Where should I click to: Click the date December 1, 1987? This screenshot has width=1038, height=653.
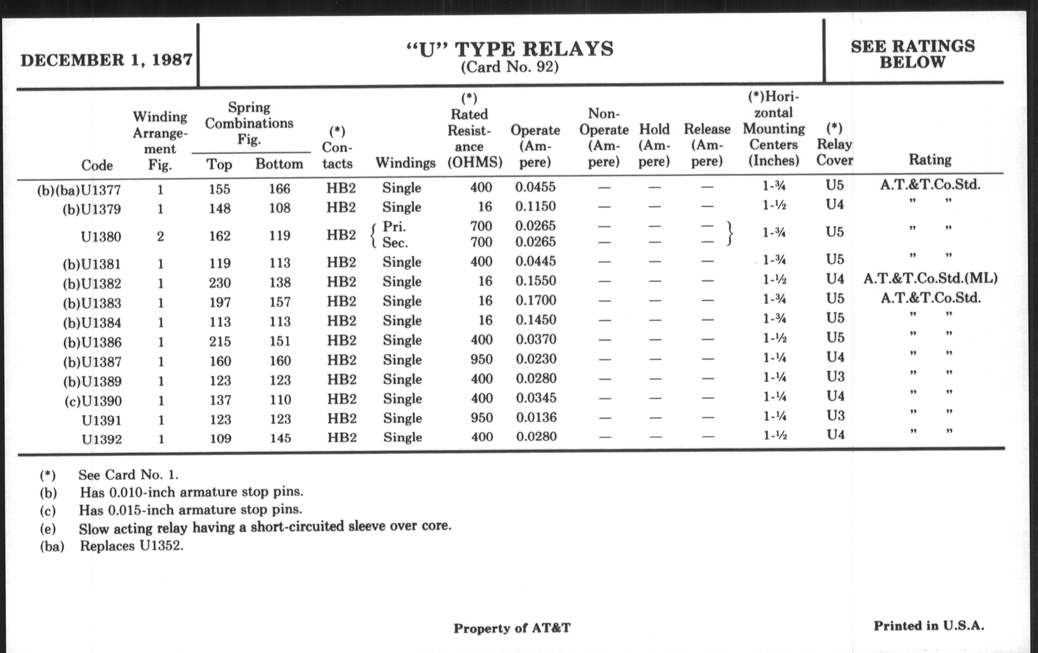point(106,60)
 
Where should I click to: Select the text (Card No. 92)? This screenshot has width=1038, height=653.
point(510,67)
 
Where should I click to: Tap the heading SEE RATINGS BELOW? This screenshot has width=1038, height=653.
point(913,54)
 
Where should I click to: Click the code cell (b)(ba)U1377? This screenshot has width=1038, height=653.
point(79,190)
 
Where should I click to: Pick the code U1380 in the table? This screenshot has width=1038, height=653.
point(101,236)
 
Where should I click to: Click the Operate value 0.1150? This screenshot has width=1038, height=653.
point(535,207)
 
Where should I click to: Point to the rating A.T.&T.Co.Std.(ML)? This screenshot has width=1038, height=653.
point(930,278)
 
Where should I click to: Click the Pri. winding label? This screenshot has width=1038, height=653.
point(394,227)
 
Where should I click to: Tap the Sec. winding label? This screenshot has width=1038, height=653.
point(395,243)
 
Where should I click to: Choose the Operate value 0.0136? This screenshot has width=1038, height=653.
point(536,418)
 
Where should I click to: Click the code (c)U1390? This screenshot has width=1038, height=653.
point(93,401)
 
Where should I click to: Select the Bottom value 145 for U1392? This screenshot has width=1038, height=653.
point(280,438)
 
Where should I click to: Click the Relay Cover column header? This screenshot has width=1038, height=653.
point(834,145)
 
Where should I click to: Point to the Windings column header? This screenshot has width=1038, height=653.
point(405,163)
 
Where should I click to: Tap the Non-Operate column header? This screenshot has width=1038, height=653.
point(604,137)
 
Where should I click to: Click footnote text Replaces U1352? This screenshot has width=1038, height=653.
point(131,546)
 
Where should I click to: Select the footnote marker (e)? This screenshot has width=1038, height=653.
point(47,528)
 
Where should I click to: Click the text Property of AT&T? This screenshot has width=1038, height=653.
point(512,628)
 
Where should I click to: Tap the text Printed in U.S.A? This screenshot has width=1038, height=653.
point(929,626)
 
